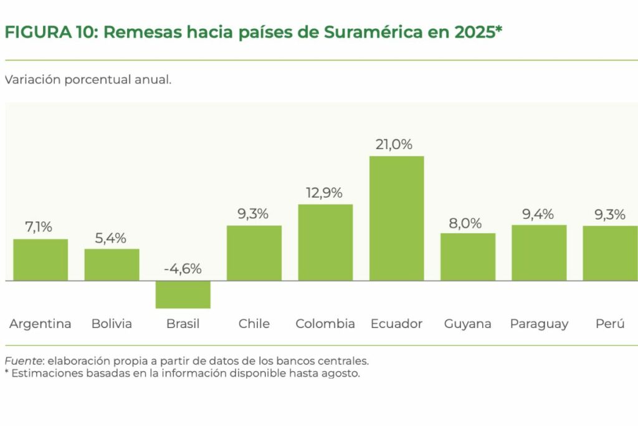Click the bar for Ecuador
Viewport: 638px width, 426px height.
pos(396,218)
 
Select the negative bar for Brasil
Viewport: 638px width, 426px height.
pos(183,294)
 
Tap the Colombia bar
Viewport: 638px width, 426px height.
pos(325,243)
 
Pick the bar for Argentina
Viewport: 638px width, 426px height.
pos(40,260)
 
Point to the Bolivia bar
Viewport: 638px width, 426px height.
pos(112,265)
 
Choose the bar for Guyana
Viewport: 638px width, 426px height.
pos(467,257)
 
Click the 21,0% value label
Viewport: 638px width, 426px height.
pos(394,145)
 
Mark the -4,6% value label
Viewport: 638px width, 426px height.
pos(183,269)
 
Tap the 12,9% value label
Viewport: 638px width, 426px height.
pos(324,193)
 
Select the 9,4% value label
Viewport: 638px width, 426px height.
pos(539,215)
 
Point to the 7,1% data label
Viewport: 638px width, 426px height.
pos(39,228)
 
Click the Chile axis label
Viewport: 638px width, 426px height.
pos(254,324)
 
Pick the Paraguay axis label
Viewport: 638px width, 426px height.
pos(539,324)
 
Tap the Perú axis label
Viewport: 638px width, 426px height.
pos(610,324)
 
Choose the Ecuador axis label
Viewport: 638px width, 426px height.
pos(396,324)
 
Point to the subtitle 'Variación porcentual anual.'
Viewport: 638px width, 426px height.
pos(88,80)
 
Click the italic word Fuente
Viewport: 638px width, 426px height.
pos(23,361)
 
